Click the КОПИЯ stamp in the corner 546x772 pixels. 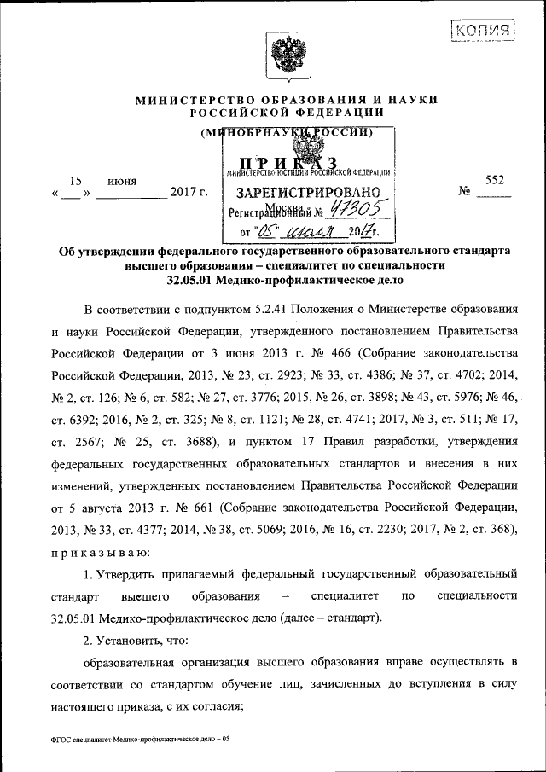coord(483,32)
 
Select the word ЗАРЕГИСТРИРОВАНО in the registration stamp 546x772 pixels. coord(304,191)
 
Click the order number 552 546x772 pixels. coord(495,181)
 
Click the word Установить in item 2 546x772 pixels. coord(137,640)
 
